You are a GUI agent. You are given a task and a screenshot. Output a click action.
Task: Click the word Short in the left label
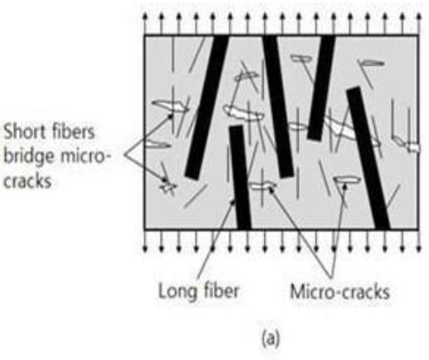click(x=23, y=132)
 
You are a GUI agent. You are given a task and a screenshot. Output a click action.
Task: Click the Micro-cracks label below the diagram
click(x=340, y=291)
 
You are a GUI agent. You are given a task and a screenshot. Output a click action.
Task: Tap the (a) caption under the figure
click(x=270, y=338)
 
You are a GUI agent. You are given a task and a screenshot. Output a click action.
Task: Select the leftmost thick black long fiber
click(x=206, y=107)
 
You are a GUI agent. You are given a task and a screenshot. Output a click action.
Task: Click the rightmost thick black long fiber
click(x=368, y=158)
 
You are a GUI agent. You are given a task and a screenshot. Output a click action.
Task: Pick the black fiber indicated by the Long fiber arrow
click(x=240, y=177)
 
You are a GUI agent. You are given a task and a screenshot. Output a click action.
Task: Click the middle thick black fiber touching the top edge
click(x=278, y=107)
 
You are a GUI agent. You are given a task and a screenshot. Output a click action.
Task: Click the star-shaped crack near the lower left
click(x=168, y=186)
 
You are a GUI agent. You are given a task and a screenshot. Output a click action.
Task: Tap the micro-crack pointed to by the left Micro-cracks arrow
click(x=262, y=186)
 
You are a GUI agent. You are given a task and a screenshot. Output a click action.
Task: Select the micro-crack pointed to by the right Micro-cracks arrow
click(x=348, y=180)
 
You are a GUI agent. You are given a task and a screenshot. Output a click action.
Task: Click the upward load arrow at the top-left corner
click(x=145, y=24)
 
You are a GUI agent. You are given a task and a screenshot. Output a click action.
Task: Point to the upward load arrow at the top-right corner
click(x=419, y=24)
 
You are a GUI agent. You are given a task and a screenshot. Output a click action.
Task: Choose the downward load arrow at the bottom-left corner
click(x=145, y=241)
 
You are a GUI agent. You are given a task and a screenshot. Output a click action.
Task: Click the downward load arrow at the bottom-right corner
click(x=419, y=241)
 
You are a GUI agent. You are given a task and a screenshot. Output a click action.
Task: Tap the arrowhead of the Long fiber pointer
click(x=233, y=202)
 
